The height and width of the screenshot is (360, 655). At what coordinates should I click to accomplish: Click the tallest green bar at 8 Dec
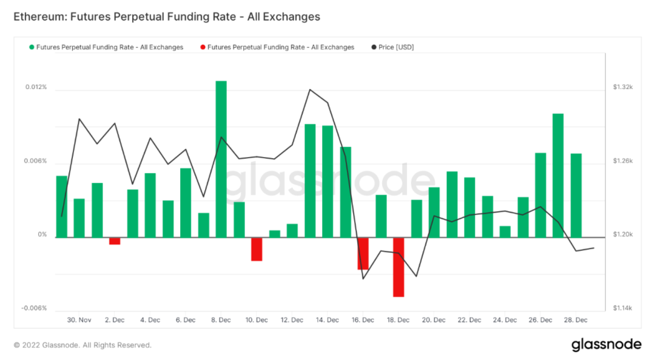point(221,159)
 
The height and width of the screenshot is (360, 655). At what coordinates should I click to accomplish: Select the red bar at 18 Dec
point(398,267)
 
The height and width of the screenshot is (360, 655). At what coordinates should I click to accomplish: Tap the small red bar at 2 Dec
point(115,241)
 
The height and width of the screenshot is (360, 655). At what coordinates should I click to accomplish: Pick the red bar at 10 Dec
point(257,249)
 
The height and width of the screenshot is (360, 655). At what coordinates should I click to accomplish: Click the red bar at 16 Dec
point(363,253)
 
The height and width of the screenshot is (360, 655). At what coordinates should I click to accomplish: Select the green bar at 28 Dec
point(576,195)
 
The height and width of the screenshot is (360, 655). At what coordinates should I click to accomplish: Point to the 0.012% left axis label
point(36,87)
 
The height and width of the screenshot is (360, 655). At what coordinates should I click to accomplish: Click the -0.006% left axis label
point(35,308)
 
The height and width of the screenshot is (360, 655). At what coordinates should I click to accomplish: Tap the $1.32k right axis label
point(622,87)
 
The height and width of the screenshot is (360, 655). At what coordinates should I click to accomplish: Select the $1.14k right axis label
point(622,308)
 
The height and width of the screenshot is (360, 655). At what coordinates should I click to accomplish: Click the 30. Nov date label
point(79,320)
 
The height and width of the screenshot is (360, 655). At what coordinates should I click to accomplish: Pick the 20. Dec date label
point(434,320)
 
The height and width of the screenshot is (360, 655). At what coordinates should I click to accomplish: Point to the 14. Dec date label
point(327,320)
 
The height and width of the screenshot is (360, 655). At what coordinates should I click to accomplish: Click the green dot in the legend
point(32,47)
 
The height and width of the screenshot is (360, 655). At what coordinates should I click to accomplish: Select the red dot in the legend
point(202,47)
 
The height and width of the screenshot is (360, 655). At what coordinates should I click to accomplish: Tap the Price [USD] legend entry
point(395,47)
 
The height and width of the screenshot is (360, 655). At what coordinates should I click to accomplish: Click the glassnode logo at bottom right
point(606,345)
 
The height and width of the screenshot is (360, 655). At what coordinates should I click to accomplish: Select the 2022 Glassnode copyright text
point(82,345)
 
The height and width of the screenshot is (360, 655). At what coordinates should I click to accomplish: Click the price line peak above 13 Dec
point(310,90)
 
